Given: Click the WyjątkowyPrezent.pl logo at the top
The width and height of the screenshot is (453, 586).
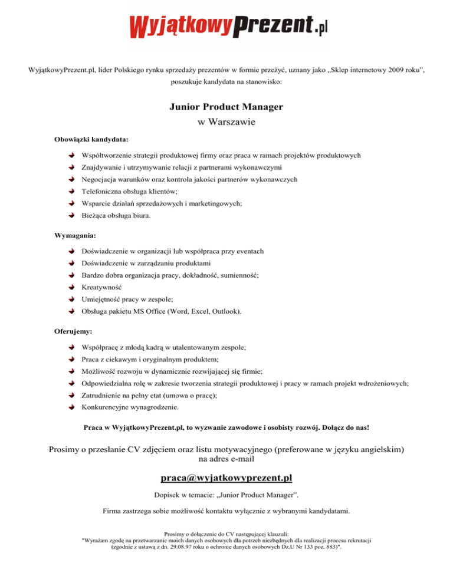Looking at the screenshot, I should coord(227,25).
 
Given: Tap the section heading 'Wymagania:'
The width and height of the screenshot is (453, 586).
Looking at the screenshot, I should coord(75,235).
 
